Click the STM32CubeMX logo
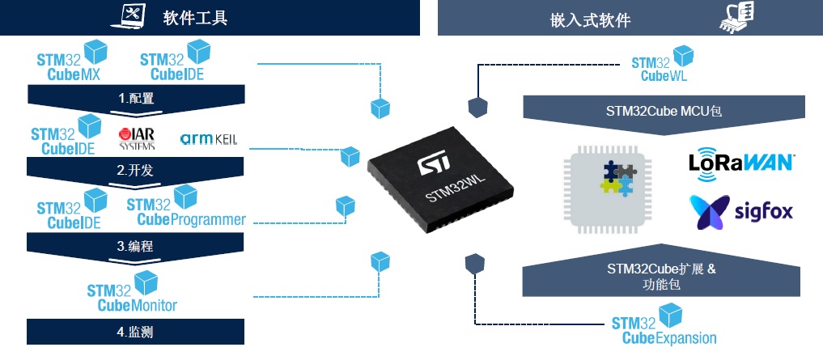click(72, 61)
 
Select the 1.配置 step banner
click(136, 99)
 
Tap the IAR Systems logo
click(137, 139)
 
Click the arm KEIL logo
click(208, 139)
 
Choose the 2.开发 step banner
click(135, 172)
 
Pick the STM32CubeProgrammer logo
click(186, 205)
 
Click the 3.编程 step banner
click(135, 246)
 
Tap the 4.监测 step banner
click(135, 332)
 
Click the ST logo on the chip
click(432, 163)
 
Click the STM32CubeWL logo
click(662, 63)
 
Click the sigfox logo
click(741, 212)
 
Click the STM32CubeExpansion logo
click(664, 325)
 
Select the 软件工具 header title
click(195, 19)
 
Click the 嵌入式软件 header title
click(591, 20)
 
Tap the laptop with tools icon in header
click(129, 15)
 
